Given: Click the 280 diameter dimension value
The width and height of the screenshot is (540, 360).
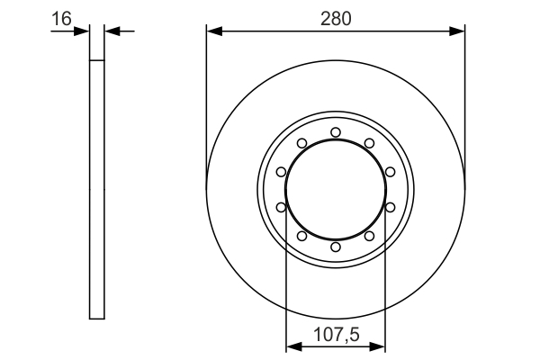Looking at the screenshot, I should [x=336, y=17].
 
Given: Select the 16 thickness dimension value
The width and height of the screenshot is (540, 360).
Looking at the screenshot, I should [x=62, y=17].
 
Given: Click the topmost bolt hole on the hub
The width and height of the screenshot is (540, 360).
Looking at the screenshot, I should [x=335, y=132].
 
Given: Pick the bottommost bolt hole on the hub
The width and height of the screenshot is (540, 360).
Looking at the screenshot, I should [x=335, y=246].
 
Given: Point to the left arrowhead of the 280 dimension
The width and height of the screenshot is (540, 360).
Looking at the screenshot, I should [x=212, y=31].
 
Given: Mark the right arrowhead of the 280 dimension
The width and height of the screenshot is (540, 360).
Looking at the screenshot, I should [x=459, y=31].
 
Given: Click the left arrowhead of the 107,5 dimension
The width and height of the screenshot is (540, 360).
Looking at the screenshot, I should [x=291, y=346].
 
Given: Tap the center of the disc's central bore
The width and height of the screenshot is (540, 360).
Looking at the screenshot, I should [x=335, y=189].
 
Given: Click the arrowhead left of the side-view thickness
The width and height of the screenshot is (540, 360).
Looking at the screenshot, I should [x=85, y=31].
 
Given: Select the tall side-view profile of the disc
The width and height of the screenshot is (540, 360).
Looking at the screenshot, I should [x=97, y=189].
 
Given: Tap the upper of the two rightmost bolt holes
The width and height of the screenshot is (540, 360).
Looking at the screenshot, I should [x=390, y=172].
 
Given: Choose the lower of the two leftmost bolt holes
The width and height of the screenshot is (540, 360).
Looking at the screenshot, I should [x=281, y=207].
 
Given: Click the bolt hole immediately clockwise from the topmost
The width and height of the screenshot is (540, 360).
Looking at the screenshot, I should [x=369, y=143].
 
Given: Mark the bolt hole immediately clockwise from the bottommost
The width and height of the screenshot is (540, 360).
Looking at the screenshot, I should [x=301, y=236].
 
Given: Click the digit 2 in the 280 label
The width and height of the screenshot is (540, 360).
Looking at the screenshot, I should [x=326, y=17].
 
